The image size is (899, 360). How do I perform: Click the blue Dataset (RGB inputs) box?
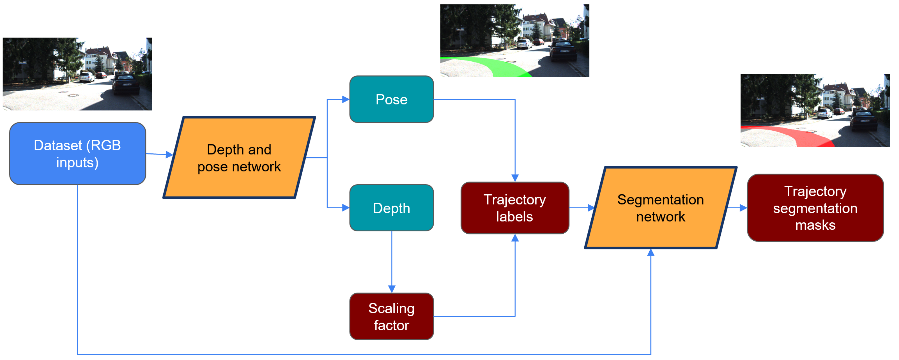coord(78,154)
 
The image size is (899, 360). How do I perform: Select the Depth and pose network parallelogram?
coord(239,158)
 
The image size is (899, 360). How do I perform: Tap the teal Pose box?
coord(391,100)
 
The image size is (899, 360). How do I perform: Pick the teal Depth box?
coord(391,208)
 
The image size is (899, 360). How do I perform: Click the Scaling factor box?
coord(391,316)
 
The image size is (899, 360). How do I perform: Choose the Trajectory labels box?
coord(515,208)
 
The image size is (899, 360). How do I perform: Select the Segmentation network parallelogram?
coord(660,208)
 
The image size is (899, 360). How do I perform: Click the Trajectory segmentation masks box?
coord(815,208)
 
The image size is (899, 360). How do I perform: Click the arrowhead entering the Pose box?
coord(346,100)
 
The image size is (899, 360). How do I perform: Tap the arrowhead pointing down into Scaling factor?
coord(391,289)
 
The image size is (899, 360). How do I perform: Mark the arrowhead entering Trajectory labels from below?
coord(515,238)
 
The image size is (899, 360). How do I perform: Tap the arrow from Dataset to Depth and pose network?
coord(159,154)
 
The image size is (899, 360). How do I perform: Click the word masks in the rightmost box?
coord(815,225)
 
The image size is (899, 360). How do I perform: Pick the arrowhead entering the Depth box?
coord(346,208)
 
